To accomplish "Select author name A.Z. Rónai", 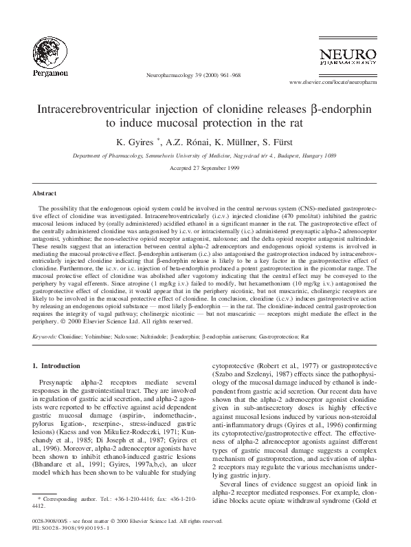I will (184, 142).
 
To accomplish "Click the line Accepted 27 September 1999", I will (205, 168).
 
